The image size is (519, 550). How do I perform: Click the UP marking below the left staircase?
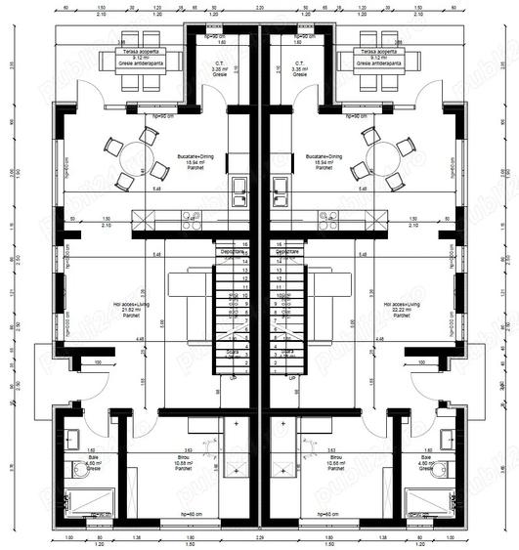pyautogui.click(x=232, y=375)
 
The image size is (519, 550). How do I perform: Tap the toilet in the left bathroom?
pyautogui.click(x=77, y=472)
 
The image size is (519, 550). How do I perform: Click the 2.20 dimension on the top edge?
pyautogui.click(x=260, y=8)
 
